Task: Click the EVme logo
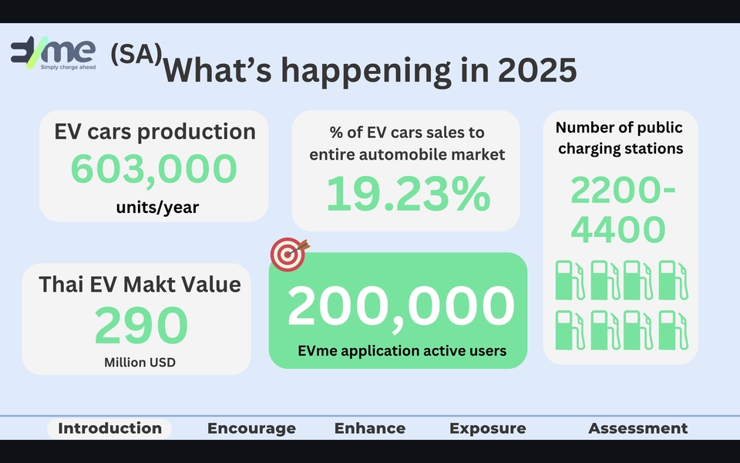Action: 53,52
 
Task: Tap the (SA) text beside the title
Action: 136,54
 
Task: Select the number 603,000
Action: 154,169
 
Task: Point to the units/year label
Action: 157,207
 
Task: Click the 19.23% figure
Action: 409,194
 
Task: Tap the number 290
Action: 141,326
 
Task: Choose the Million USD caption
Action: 140,363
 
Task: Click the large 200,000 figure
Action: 401,306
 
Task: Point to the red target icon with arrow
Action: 289,254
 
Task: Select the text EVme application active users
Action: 402,351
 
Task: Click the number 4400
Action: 618,230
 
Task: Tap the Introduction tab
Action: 110,428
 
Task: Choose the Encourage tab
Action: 251,428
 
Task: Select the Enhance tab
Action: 370,428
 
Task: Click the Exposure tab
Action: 487,428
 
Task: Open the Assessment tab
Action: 638,428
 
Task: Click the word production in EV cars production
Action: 197,132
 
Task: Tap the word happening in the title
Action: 366,72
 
